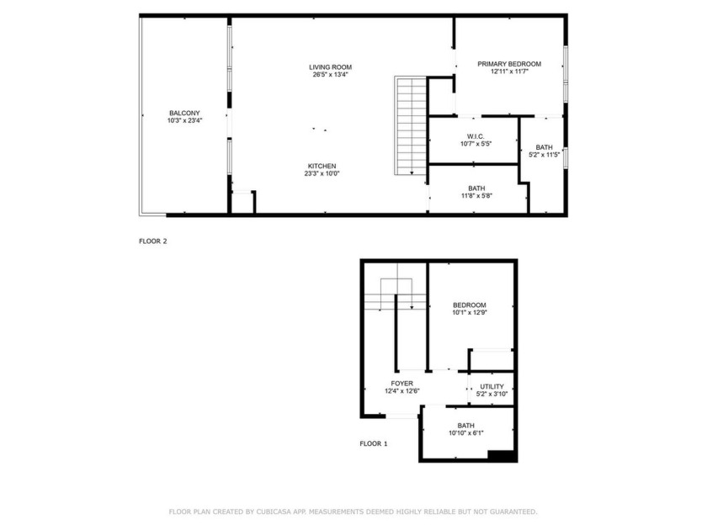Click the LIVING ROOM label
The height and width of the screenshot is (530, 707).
coord(330,66)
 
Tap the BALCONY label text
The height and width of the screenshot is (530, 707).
coord(184,113)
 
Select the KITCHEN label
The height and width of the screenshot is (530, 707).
coord(322,166)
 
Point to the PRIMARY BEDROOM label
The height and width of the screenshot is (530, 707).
coord(509,64)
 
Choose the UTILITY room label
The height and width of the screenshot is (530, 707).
coord(492,386)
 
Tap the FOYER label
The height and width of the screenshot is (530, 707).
coord(401,383)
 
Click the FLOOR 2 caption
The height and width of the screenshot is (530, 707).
coord(153,241)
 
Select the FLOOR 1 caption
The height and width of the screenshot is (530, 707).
coord(374,443)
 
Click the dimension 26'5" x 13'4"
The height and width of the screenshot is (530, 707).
coord(330,75)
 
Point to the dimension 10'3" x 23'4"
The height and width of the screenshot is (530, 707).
coord(184,121)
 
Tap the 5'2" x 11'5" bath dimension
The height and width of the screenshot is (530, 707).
coord(545,155)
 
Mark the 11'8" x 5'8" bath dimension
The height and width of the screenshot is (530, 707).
coord(476,196)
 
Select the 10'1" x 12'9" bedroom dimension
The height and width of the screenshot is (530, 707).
coord(470,313)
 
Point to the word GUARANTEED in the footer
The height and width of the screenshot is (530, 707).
coord(510,511)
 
